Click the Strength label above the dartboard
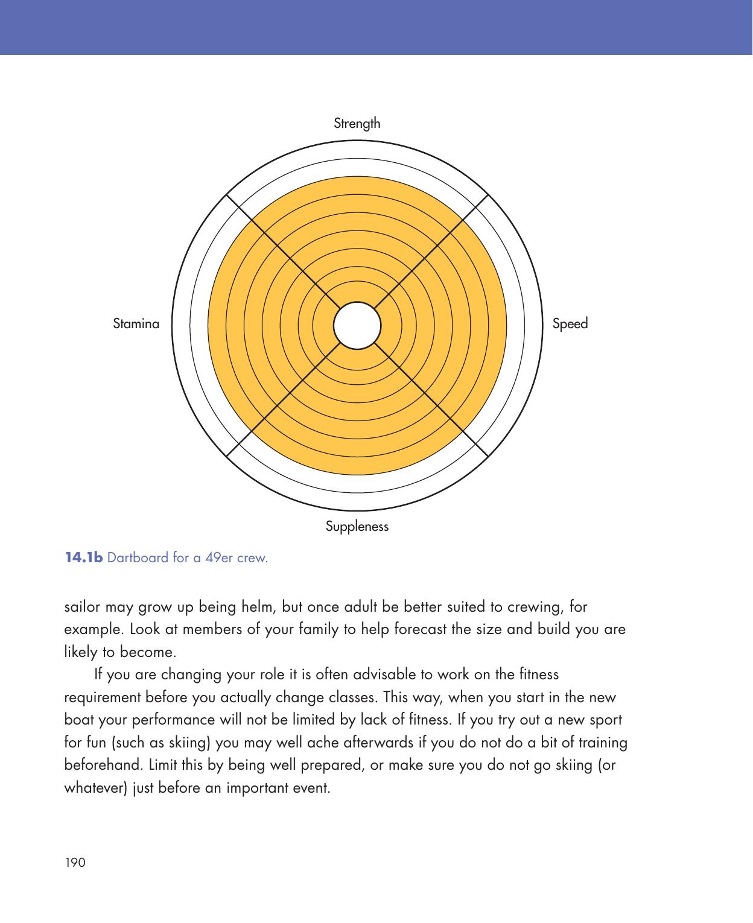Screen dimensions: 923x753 point(357,124)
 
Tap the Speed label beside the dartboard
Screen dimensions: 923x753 point(570,324)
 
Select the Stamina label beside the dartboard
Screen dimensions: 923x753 point(136,324)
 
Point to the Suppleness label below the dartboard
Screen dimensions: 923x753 point(357,527)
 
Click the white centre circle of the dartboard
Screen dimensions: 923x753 point(357,325)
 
